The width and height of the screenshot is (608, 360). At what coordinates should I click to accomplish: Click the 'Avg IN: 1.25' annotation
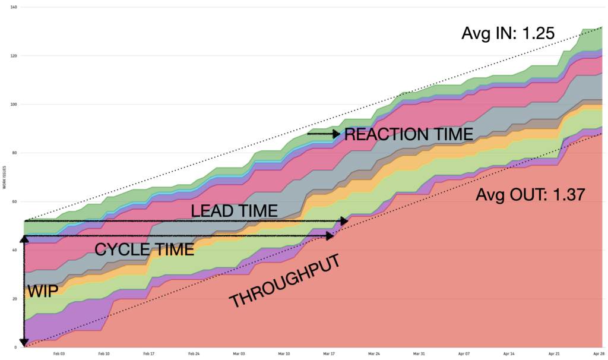[x=508, y=34]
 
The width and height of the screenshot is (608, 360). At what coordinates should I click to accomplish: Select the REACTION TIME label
[x=408, y=134]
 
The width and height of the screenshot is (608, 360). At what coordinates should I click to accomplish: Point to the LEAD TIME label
[x=234, y=211]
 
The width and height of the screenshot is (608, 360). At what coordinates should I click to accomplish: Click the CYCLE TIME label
[x=144, y=249]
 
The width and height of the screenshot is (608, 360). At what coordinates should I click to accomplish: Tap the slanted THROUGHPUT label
[x=284, y=281]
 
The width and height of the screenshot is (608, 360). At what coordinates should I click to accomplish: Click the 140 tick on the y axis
[x=13, y=7]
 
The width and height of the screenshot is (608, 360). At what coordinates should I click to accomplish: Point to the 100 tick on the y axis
[x=13, y=105]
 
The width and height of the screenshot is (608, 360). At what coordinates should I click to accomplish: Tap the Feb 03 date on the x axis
[x=59, y=353]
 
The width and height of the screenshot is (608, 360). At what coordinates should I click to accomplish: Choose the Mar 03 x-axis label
[x=239, y=353]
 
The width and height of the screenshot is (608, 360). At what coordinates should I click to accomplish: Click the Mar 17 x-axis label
[x=329, y=353]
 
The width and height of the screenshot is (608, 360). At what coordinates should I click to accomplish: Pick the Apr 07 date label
[x=464, y=353]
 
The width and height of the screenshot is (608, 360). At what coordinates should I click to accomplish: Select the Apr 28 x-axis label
[x=598, y=353]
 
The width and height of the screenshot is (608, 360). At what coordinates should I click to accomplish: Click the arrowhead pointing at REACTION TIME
[x=337, y=134]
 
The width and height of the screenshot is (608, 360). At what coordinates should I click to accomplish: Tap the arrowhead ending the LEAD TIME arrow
[x=344, y=221]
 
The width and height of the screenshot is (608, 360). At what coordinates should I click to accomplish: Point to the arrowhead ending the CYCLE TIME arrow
[x=330, y=236]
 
